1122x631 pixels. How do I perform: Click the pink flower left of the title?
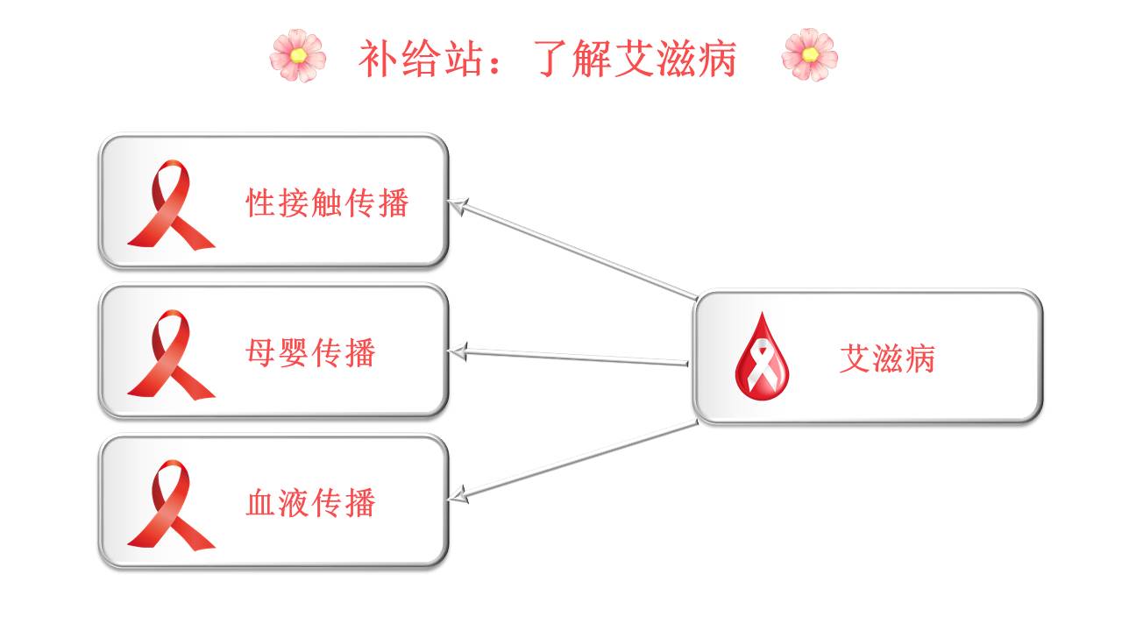click(x=298, y=55)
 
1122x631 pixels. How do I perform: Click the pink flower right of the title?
click(x=809, y=55)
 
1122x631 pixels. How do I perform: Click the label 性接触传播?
click(x=327, y=203)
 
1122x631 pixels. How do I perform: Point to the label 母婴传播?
click(x=310, y=352)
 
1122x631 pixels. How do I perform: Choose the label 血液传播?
click(x=310, y=503)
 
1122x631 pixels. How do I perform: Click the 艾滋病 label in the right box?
click(x=887, y=358)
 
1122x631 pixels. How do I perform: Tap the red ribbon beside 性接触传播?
click(x=169, y=204)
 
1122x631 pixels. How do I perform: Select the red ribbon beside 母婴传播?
click(x=169, y=354)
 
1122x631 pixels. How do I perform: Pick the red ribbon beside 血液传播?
click(x=169, y=505)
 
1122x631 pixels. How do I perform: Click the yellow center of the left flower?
click(x=298, y=56)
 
